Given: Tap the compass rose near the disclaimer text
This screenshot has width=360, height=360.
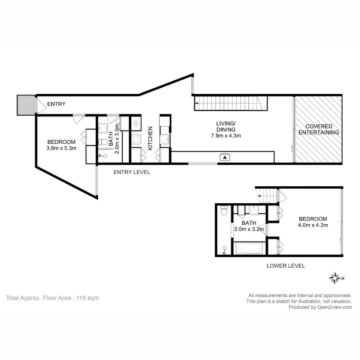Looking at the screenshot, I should click(x=334, y=278).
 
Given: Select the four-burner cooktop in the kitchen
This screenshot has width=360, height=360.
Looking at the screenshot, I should click(x=136, y=139).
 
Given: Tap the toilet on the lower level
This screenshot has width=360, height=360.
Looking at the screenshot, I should click(x=224, y=211).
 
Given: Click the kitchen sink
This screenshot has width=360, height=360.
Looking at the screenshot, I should click(x=165, y=139).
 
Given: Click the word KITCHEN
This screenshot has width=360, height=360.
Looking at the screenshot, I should click(x=150, y=138).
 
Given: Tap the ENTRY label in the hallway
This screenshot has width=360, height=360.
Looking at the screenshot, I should click(x=56, y=104).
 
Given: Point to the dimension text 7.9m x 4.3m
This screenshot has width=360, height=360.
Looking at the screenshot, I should click(x=226, y=136).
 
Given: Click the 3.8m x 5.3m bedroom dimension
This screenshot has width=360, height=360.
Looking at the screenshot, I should click(x=62, y=148).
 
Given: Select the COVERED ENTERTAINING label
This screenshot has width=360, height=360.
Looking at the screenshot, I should click(x=319, y=129).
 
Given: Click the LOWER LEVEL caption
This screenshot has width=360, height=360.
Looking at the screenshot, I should click(x=286, y=266).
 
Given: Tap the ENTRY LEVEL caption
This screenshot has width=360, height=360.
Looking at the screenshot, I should click(x=132, y=172).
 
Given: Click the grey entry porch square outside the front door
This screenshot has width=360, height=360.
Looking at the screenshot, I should click(x=26, y=105).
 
